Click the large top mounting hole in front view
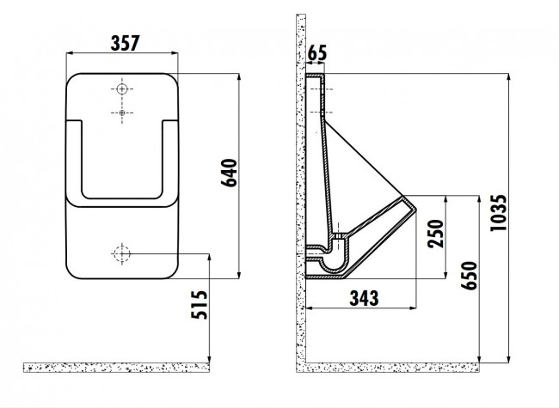pyautogui.click(x=122, y=89)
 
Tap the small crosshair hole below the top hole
pyautogui.click(x=122, y=113)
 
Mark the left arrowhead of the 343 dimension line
pyautogui.click(x=310, y=307)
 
